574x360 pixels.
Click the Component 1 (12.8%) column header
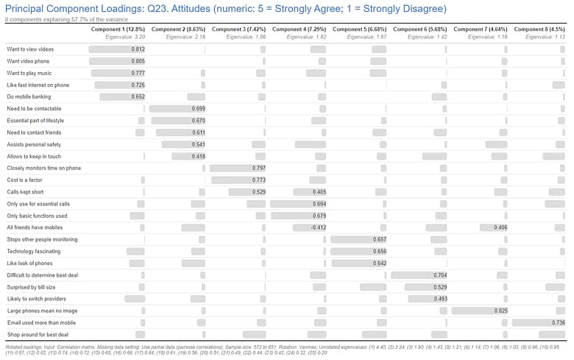118,29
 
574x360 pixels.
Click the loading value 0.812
138,49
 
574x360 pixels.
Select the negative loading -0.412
317,227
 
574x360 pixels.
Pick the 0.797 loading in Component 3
258,168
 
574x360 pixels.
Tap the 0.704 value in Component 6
439,275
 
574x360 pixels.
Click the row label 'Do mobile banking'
29,96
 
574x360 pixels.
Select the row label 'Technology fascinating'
34,251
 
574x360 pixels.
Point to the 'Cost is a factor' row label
25,180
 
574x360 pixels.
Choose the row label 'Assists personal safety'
34,144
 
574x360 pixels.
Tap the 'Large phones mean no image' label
42,311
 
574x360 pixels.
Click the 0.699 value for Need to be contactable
198,108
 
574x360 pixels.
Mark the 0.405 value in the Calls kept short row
319,192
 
